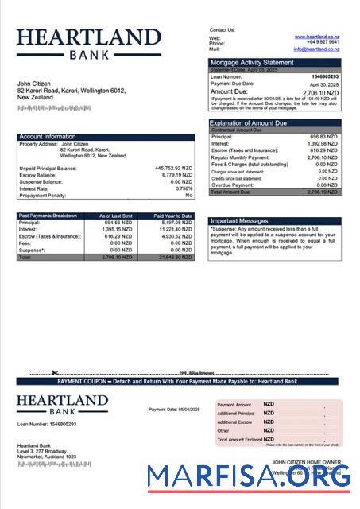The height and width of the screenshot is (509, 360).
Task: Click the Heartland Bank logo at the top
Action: pos(88,43)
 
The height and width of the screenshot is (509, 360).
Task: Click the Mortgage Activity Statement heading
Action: pos(251,62)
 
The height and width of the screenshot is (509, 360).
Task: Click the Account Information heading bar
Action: pos(106,136)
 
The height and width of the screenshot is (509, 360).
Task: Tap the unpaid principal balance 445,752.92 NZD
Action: pos(173,168)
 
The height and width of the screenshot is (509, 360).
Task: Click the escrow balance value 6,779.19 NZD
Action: pos(176,174)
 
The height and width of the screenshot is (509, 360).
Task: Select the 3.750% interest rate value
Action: pos(184,188)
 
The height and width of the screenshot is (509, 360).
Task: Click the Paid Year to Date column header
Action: pos(172,215)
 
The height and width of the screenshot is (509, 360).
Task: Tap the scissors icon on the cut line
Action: pos(55,372)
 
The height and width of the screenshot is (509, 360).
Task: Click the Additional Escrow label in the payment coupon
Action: pos(234,422)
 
